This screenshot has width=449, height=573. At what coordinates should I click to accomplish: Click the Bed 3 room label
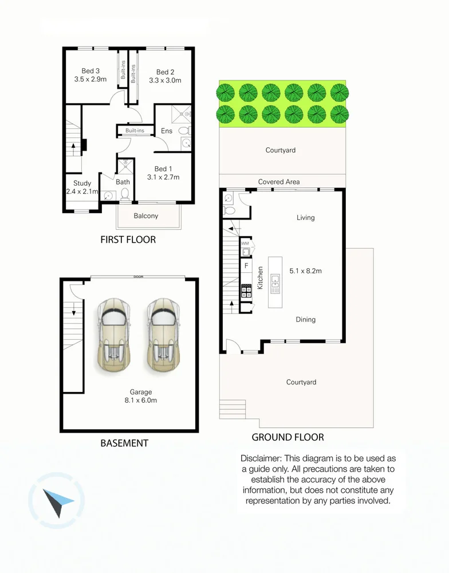[91, 71]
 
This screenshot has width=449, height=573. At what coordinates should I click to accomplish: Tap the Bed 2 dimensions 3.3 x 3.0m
[165, 81]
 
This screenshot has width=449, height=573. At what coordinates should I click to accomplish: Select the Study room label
[82, 184]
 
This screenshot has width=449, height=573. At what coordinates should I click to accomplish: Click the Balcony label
[145, 216]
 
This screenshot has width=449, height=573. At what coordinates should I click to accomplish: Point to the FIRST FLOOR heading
[128, 240]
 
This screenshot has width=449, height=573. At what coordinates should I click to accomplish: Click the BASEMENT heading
[124, 443]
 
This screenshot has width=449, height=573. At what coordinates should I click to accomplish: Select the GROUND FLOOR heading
[287, 437]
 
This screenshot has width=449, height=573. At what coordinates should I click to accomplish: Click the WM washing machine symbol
[246, 248]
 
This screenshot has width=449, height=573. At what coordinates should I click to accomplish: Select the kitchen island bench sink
[275, 283]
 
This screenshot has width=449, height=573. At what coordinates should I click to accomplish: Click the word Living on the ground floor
[305, 218]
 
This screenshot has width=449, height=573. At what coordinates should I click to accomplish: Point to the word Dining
[305, 320]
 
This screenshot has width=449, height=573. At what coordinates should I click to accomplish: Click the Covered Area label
[279, 182]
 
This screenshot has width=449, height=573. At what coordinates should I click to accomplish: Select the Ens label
[167, 131]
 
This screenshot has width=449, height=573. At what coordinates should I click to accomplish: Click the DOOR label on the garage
[137, 277]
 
